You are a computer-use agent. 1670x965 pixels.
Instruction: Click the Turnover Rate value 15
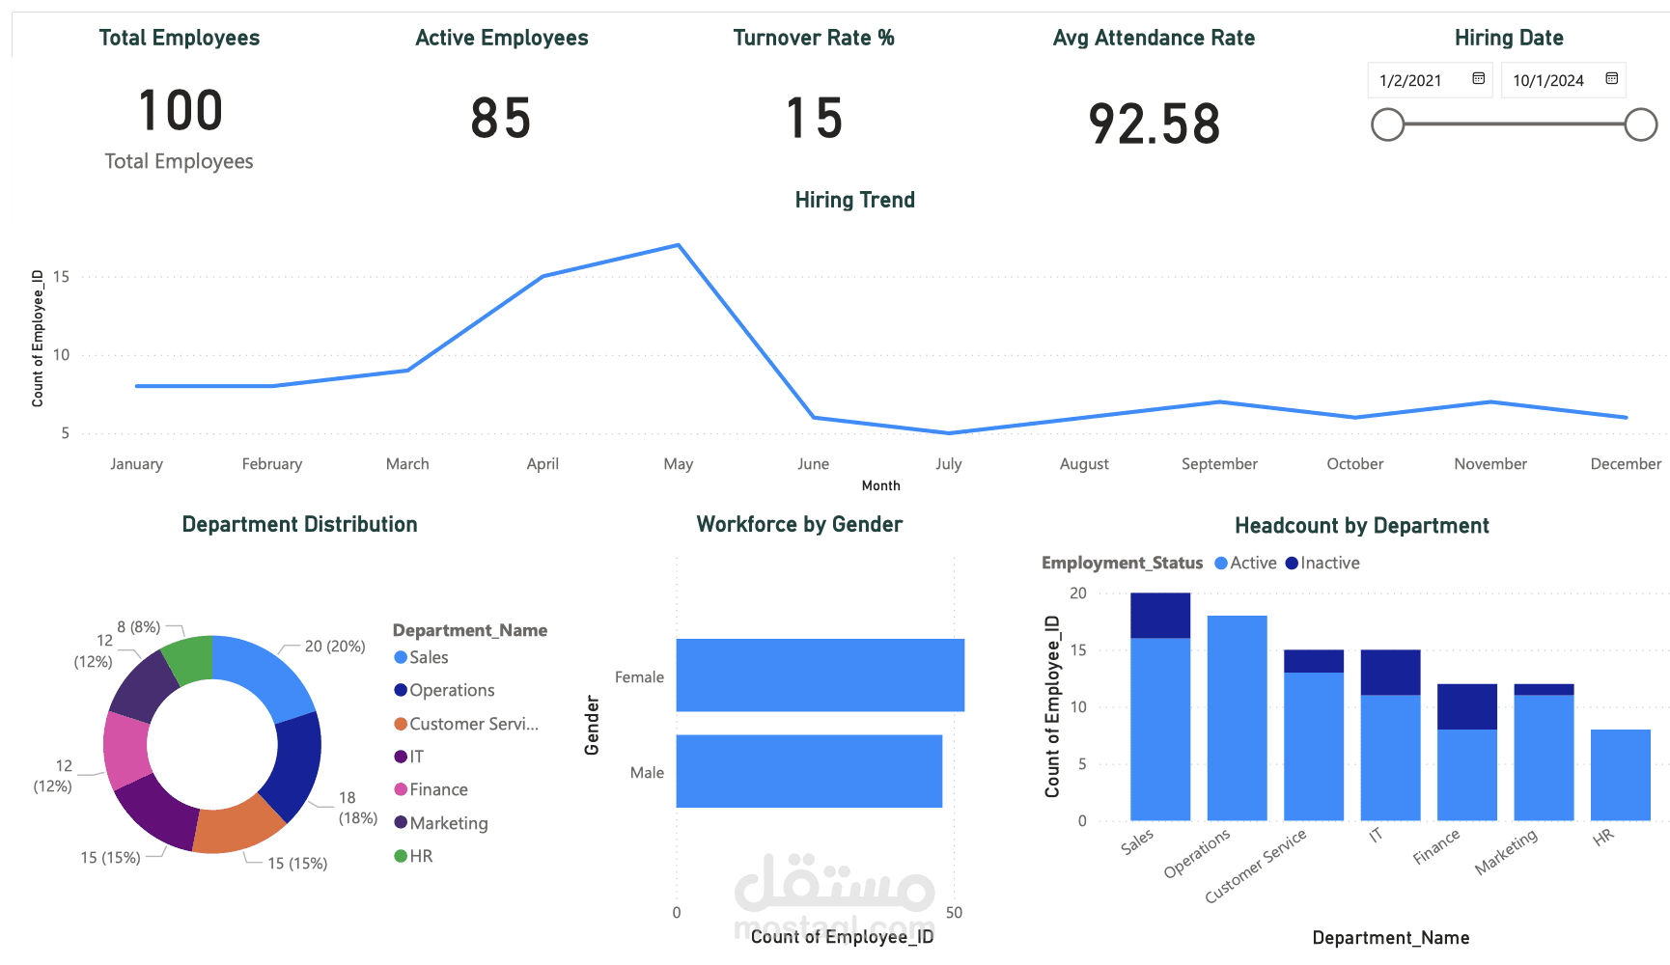click(814, 119)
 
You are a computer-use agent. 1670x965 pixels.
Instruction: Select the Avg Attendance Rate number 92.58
click(1154, 124)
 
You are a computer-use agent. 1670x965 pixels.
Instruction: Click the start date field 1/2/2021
click(1411, 81)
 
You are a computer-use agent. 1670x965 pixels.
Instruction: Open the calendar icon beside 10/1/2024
click(1611, 79)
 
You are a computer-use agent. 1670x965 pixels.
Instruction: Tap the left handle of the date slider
click(1387, 124)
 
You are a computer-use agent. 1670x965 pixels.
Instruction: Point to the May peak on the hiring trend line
click(679, 245)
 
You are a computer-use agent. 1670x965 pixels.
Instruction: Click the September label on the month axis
click(1219, 464)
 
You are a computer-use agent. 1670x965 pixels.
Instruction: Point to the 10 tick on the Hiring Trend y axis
click(61, 355)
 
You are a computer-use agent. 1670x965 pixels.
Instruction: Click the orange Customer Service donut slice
click(237, 828)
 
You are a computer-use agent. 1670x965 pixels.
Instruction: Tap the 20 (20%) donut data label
click(334, 647)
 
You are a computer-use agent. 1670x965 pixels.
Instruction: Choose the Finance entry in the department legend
click(437, 789)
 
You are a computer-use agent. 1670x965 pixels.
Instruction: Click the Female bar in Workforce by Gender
click(820, 675)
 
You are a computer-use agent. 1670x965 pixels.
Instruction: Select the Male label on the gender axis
click(647, 773)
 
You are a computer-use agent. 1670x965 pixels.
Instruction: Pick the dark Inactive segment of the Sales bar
click(1159, 616)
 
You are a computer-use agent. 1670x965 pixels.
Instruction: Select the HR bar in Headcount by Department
click(1620, 775)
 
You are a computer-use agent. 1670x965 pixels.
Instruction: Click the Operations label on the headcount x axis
click(1197, 853)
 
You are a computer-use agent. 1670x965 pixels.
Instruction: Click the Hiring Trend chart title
click(854, 200)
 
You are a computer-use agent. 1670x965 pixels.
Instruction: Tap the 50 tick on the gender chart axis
click(954, 913)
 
